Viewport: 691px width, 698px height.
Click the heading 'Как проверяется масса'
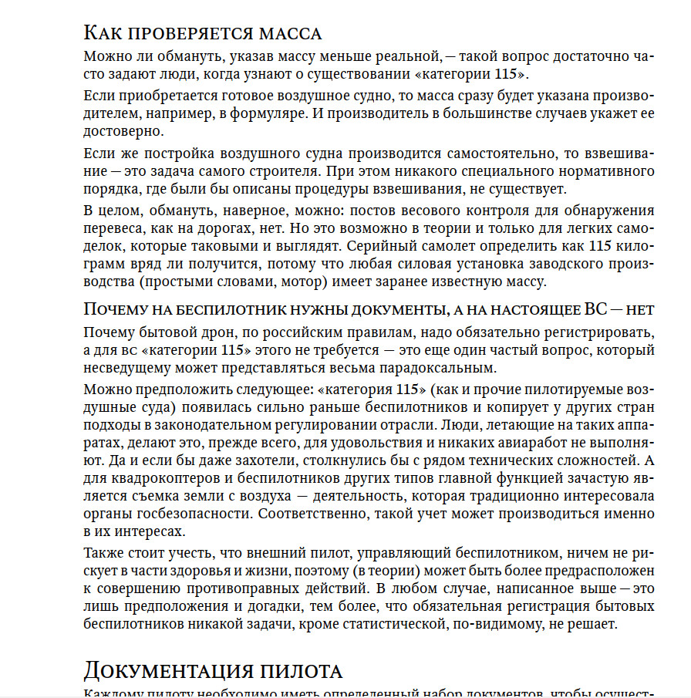[202, 33]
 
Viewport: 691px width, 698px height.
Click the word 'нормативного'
[605, 170]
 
